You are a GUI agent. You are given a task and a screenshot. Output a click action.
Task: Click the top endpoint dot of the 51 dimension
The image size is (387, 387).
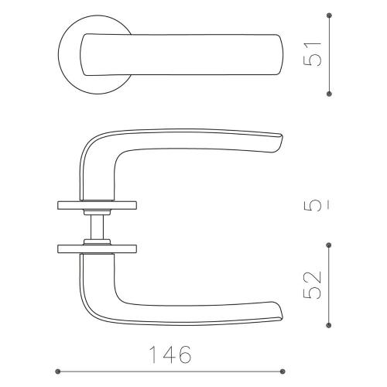(x=330, y=14)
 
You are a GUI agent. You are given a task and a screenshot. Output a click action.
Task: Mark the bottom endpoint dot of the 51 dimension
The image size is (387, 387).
(x=330, y=94)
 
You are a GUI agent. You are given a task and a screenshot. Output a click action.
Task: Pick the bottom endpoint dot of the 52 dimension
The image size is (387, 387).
(x=330, y=324)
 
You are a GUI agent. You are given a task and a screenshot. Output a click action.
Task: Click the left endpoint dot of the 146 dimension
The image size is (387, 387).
(x=59, y=370)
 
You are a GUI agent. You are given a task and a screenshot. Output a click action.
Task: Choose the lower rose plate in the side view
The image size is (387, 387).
(x=98, y=248)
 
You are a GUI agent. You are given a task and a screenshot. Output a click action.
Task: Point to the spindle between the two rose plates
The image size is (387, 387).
(x=98, y=227)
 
